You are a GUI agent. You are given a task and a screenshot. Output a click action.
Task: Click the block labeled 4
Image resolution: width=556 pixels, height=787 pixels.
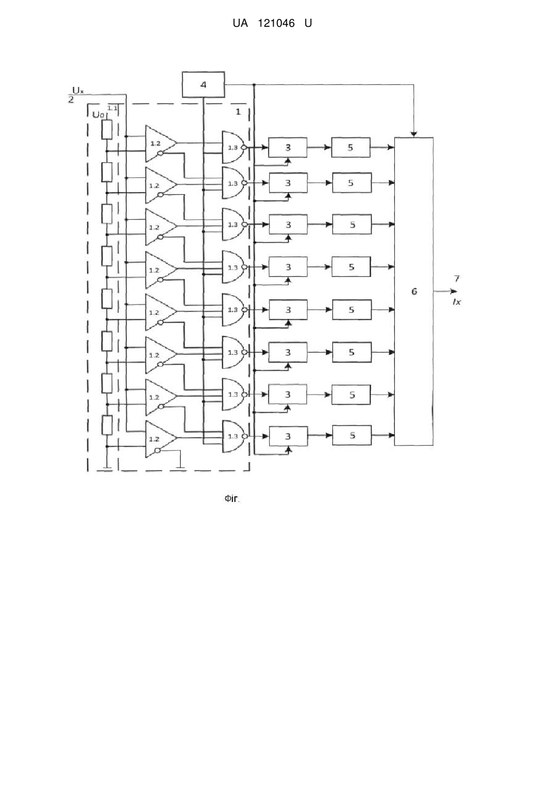point(203,85)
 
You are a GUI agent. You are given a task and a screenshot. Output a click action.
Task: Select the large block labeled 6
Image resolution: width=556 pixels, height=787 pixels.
point(414,291)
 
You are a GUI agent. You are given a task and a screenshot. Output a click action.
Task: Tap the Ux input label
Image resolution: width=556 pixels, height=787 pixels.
point(78,90)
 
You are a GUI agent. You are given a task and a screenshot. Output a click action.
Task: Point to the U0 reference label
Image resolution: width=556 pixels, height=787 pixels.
point(98,115)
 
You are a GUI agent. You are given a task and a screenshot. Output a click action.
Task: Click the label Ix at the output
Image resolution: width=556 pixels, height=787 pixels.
point(457,301)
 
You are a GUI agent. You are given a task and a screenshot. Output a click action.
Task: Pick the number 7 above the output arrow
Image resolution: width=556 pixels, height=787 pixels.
point(457,279)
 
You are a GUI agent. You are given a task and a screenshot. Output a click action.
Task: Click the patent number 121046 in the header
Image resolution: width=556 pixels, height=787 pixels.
point(276,23)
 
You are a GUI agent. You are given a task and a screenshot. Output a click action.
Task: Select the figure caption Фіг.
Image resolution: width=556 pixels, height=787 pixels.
point(232,498)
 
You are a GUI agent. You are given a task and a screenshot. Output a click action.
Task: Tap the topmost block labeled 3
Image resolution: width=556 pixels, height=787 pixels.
point(287,147)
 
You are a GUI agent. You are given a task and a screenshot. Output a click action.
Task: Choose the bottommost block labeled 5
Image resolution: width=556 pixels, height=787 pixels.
point(351,435)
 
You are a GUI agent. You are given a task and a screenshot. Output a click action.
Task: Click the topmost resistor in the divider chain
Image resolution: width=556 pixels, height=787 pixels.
point(107,129)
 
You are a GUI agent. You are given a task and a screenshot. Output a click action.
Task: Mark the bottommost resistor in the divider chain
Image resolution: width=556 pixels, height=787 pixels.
point(107,425)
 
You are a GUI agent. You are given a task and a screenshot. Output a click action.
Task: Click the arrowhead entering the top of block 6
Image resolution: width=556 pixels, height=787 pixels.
point(414,134)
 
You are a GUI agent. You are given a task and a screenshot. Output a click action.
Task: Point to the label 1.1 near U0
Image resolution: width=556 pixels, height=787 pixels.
point(112,108)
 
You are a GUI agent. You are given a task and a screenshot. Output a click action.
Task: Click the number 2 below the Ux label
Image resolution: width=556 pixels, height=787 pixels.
point(71,100)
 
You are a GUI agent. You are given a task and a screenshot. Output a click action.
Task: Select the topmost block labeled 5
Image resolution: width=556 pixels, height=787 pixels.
point(350,147)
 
